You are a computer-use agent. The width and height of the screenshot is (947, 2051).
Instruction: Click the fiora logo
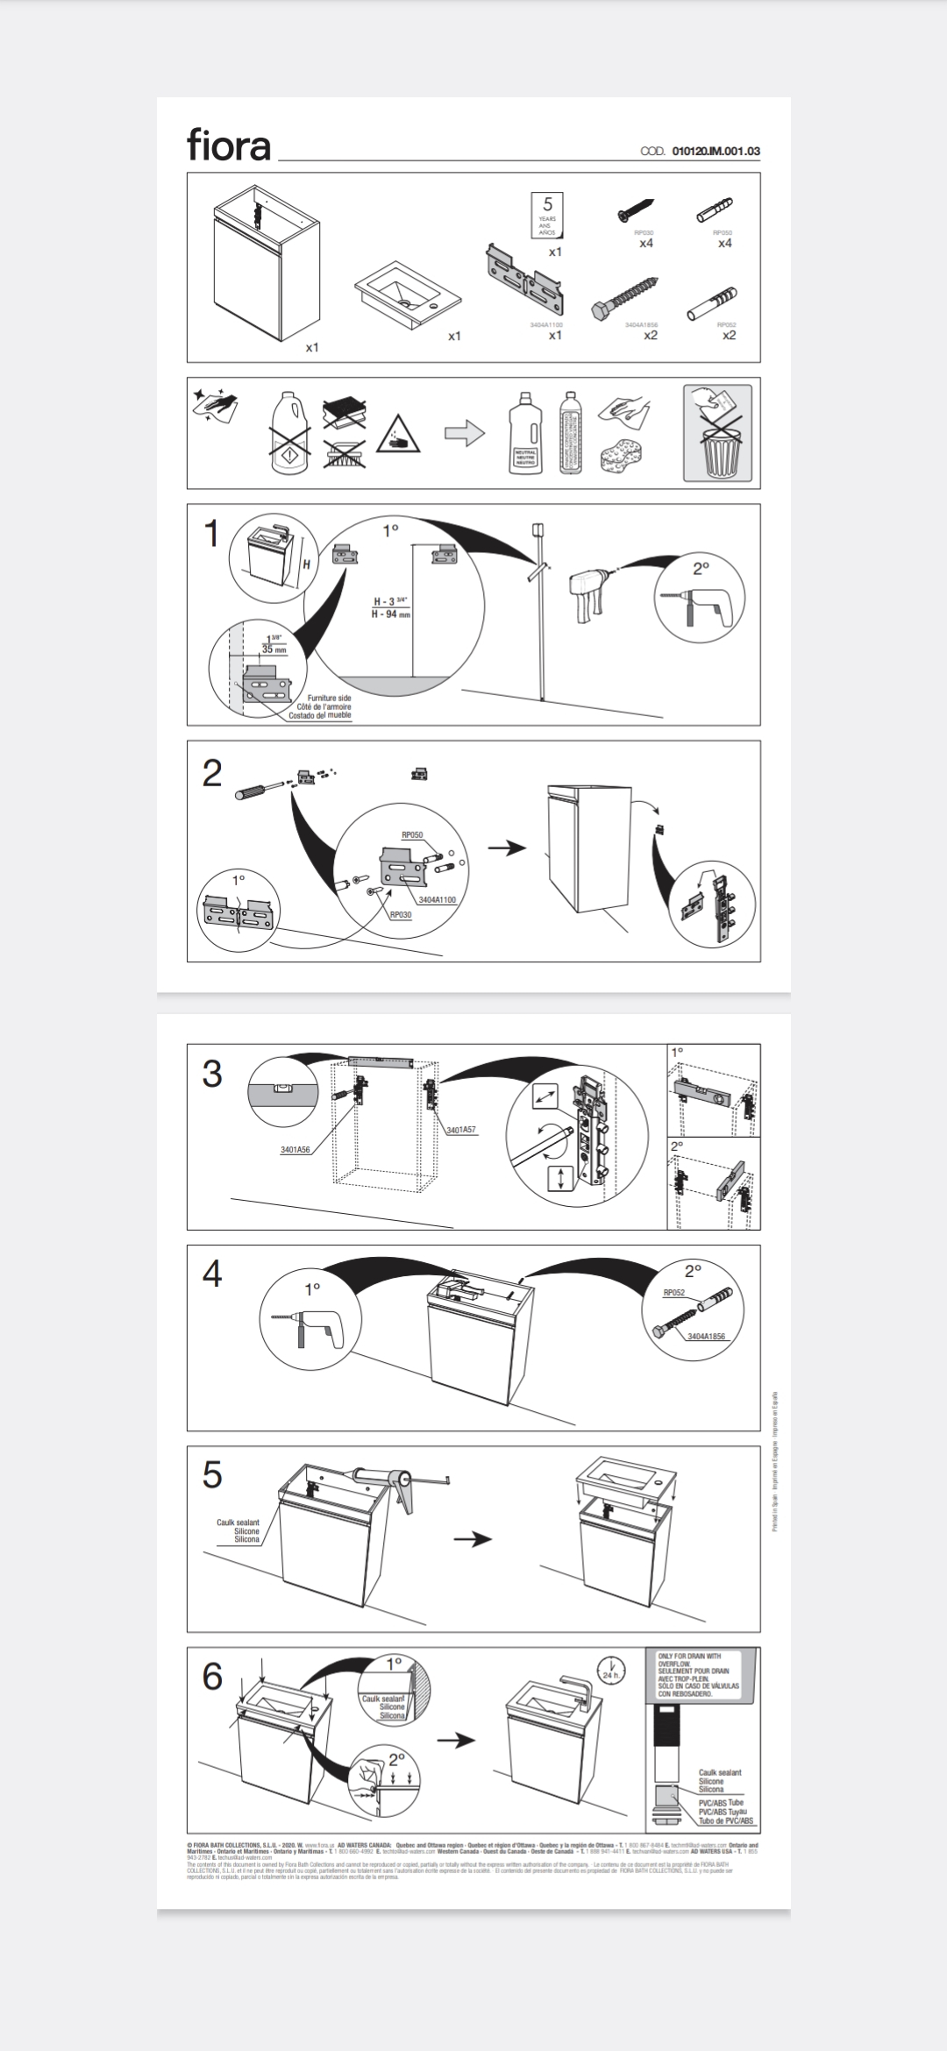pos(228,145)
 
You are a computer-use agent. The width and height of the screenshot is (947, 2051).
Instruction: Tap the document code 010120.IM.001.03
pos(716,151)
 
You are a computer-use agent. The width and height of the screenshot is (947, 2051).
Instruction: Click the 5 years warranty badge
pos(548,216)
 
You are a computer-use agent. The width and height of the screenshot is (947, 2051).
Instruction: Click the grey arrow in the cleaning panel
pos(465,433)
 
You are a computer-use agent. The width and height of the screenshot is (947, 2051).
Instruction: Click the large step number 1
pos(211,534)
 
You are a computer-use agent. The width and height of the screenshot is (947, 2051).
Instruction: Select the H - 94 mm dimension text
pos(391,614)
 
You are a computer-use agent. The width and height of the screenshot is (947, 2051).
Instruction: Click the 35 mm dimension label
pos(274,650)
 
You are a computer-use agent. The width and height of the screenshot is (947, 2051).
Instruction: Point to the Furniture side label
pos(329,698)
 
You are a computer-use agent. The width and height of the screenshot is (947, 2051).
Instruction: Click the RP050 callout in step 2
pos(412,835)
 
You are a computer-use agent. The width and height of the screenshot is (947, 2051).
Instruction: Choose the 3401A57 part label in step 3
pos(460,1130)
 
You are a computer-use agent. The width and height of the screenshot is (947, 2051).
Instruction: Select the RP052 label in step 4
pos(673,1292)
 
